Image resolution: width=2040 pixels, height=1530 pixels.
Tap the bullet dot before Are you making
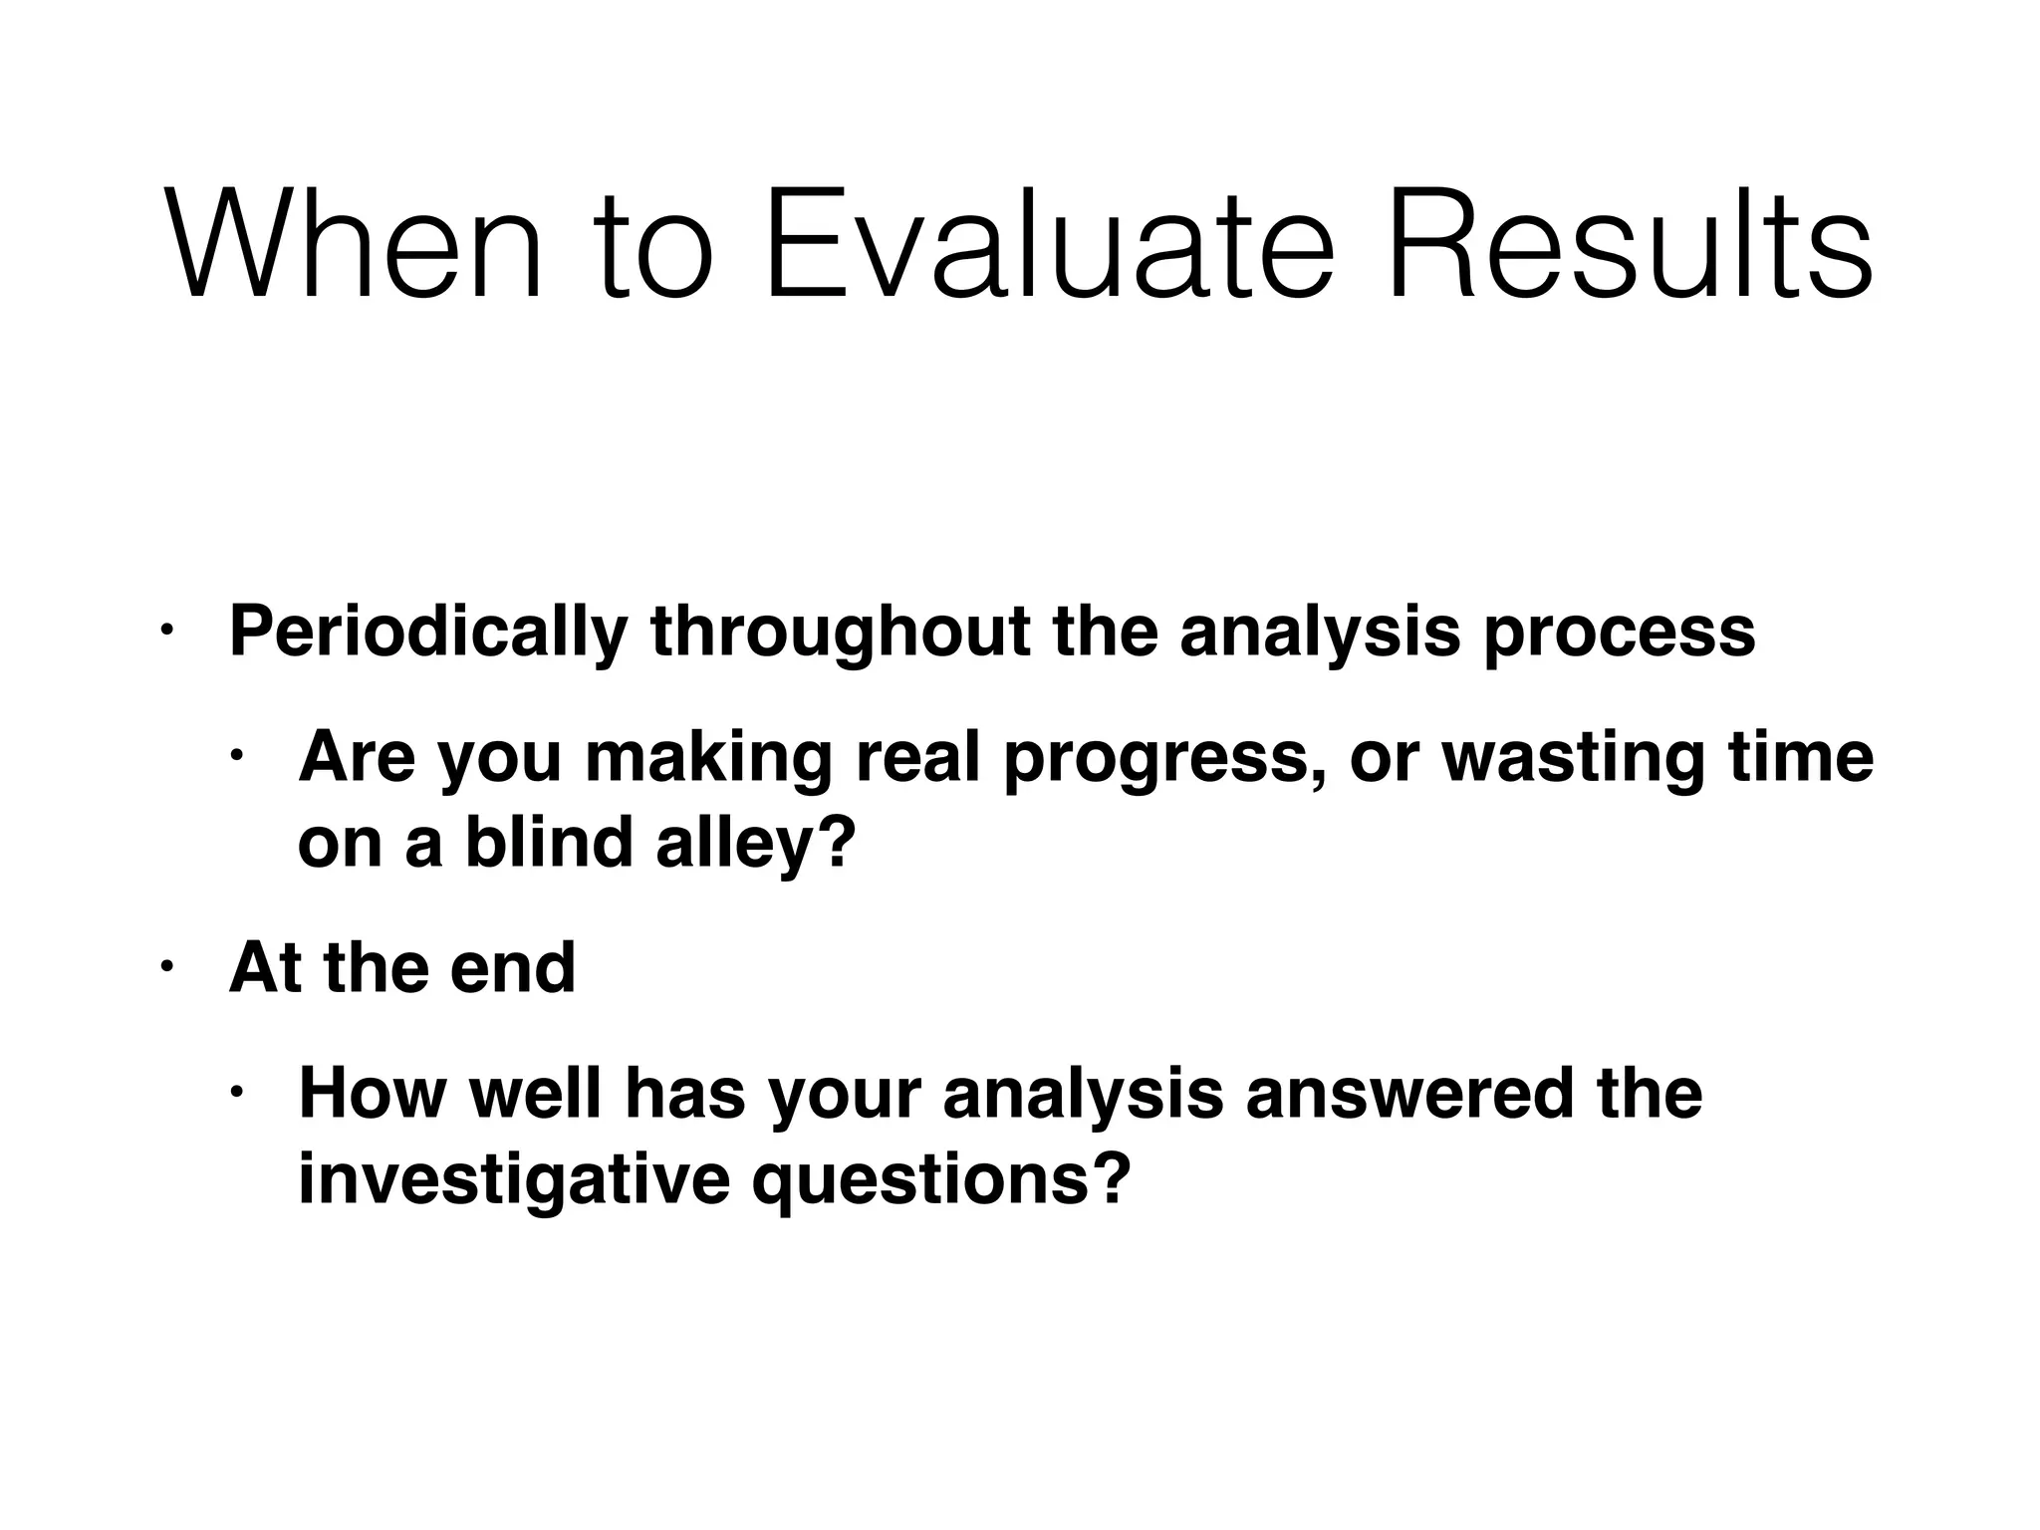pos(237,755)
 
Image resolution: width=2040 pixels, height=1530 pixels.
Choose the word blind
pos(549,843)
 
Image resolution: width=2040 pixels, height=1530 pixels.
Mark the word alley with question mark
pos(755,845)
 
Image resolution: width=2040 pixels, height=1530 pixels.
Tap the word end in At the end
pos(512,968)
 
